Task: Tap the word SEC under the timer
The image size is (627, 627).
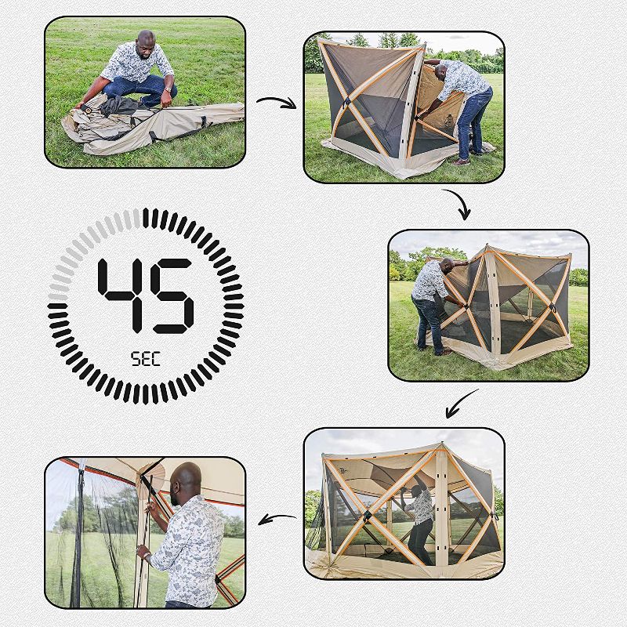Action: click(145, 358)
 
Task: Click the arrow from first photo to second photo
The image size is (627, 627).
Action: click(275, 102)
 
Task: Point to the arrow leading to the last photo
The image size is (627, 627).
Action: click(276, 518)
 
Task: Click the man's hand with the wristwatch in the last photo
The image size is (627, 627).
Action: click(144, 553)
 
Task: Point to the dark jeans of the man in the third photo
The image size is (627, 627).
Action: click(429, 321)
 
